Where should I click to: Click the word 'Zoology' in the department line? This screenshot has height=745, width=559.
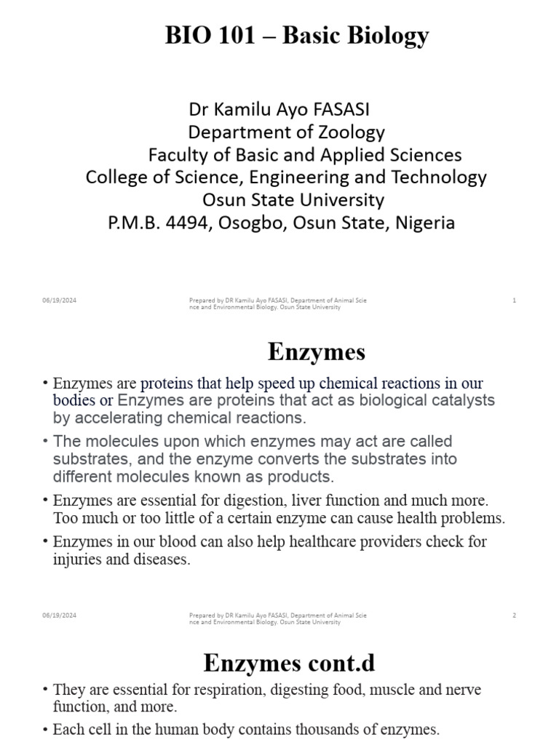346,132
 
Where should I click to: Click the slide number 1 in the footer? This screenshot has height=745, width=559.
514,300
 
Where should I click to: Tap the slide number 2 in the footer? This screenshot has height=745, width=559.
514,615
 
